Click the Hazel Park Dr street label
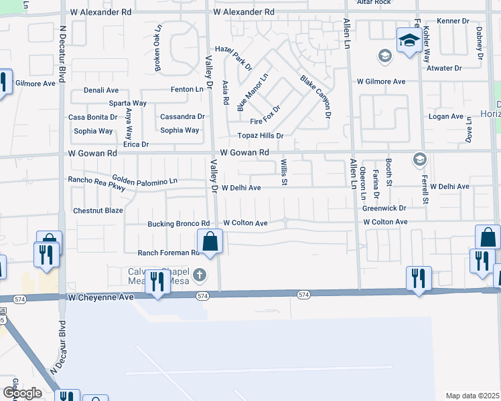click(233, 58)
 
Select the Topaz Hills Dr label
click(257, 136)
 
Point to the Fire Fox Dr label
click(265, 114)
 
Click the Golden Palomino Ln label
click(145, 181)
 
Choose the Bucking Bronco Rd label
click(179, 223)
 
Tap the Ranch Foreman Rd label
click(169, 253)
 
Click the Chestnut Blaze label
click(98, 211)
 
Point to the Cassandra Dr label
click(182, 116)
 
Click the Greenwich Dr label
click(385, 208)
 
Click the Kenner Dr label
click(453, 21)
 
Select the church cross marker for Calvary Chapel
click(199, 275)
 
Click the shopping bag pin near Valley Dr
click(210, 242)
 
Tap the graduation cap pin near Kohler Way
click(408, 40)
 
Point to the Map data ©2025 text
click(472, 396)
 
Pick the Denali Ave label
click(101, 90)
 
